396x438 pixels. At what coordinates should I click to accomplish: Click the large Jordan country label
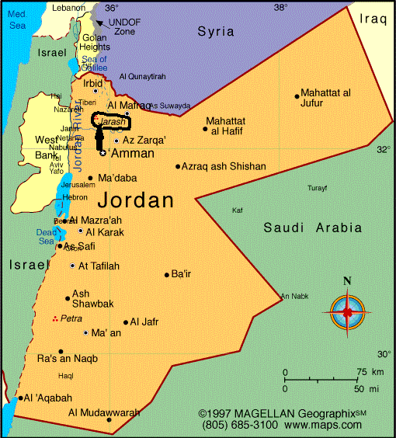pos(136,200)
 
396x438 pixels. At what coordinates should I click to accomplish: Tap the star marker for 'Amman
pos(102,153)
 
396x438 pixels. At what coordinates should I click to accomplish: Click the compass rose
pos(347,311)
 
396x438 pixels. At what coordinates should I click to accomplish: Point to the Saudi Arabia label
pos(312,228)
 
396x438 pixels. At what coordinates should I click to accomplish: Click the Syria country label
pos(216,31)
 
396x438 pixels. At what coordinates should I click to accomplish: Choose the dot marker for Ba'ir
pos(166,274)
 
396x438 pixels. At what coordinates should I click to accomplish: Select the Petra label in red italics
pos(71,319)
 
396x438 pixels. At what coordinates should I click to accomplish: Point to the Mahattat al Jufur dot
pos(297,96)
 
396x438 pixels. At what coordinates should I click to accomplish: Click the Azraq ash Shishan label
pos(225,166)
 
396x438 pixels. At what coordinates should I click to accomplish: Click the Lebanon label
pos(69,8)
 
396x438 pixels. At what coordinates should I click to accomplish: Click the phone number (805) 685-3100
pos(238,426)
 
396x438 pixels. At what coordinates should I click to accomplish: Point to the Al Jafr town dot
pos(126,322)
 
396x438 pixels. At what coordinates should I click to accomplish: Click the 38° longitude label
pos(280,7)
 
